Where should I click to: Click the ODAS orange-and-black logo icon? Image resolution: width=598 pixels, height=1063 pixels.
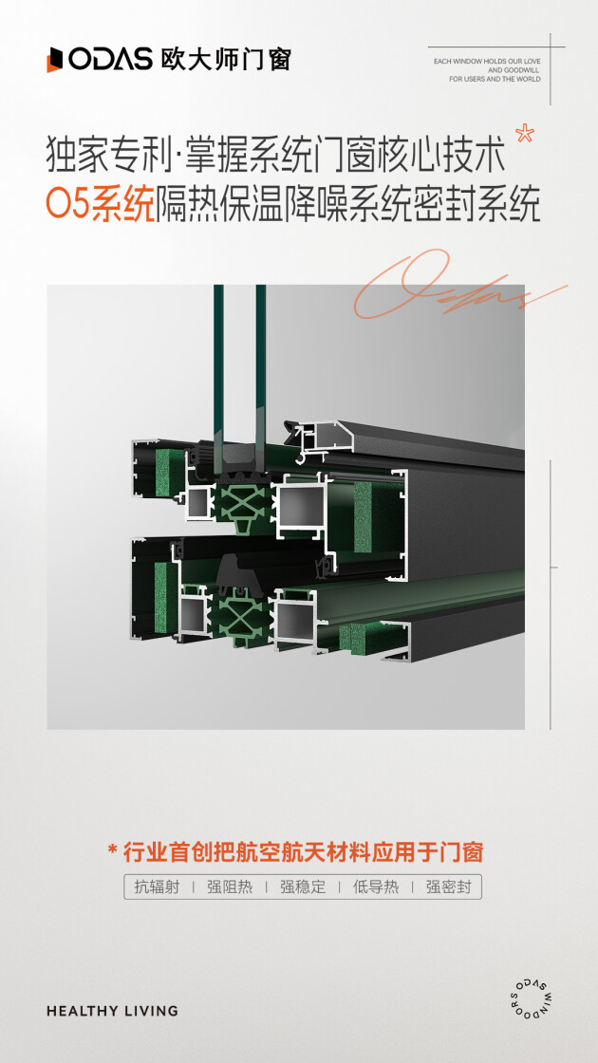[x=54, y=60]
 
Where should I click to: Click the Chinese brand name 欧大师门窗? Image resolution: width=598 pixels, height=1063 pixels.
[x=226, y=60]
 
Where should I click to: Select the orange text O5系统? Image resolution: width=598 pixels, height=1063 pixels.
[x=101, y=204]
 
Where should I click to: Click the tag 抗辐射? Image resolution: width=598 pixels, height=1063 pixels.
[x=157, y=886]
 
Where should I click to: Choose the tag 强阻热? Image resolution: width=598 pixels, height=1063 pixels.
[x=230, y=886]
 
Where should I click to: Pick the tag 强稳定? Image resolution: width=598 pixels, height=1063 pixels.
[x=303, y=886]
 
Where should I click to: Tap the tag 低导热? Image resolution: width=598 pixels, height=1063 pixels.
[x=376, y=886]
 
